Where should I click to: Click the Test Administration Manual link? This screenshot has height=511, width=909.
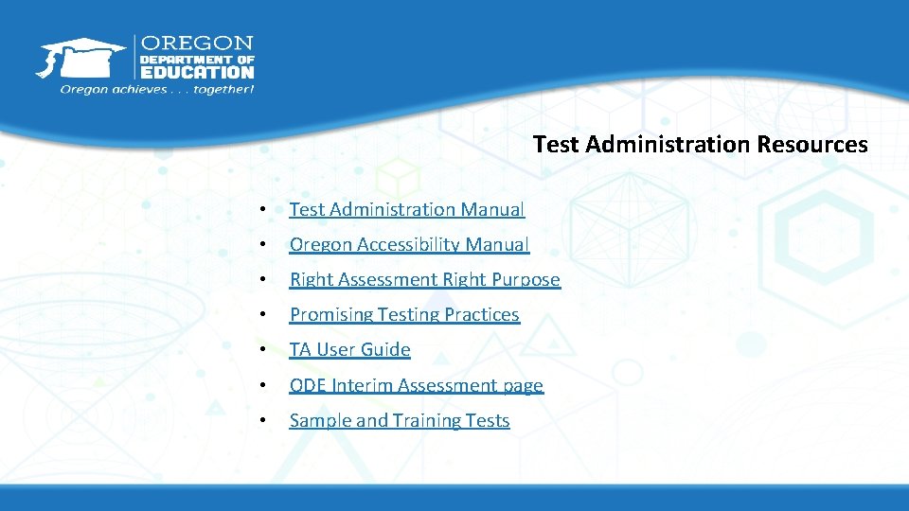(x=406, y=209)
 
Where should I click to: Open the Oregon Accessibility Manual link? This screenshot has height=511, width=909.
(x=409, y=244)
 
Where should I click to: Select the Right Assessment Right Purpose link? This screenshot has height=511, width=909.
(x=424, y=279)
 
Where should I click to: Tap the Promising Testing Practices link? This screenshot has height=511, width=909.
(x=404, y=314)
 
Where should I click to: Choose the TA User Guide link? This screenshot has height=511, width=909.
(x=349, y=349)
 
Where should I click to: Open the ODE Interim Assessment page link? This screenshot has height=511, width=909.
(x=416, y=385)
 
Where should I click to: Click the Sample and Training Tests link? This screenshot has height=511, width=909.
(x=399, y=420)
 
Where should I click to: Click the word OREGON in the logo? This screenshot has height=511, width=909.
(x=197, y=44)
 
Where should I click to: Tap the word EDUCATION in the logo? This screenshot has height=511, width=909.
(x=197, y=71)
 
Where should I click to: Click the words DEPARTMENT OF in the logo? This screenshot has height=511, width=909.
(x=197, y=58)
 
